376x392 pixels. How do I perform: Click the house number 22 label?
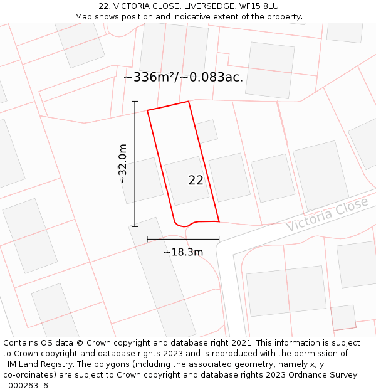click(196, 180)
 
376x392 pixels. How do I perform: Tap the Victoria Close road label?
click(327, 214)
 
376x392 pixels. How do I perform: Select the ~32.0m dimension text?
click(123, 164)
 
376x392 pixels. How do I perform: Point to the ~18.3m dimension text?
click(183, 252)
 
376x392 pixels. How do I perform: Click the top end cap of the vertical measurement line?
click(135, 101)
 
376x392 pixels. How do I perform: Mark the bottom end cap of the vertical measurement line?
click(135, 226)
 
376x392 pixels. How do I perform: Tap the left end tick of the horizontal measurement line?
click(147, 239)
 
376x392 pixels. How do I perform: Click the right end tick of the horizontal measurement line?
click(219, 239)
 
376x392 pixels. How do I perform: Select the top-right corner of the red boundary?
click(188, 102)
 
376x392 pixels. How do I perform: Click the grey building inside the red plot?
click(187, 181)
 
